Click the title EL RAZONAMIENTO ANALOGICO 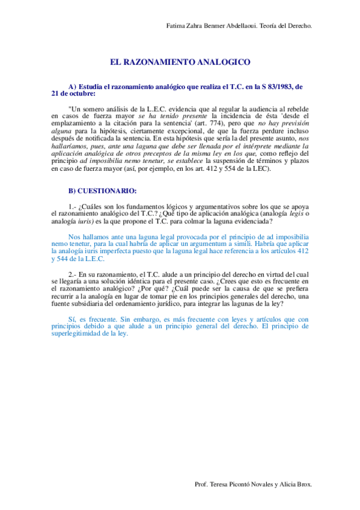(180, 62)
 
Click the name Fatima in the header (175, 26)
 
